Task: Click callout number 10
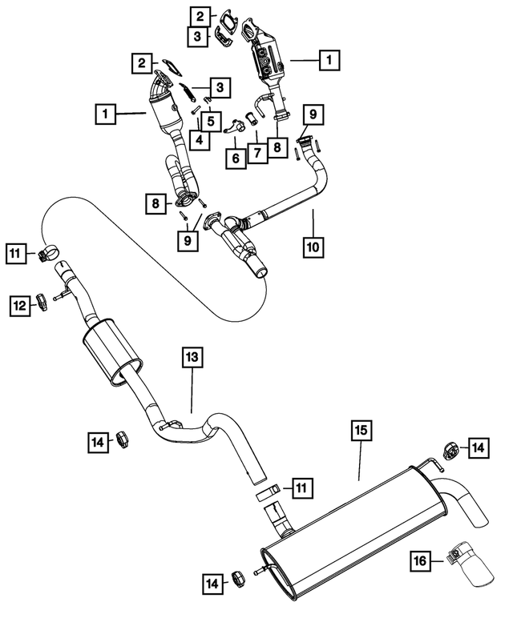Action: (313, 246)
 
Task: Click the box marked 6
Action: (235, 159)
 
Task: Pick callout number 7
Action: (256, 151)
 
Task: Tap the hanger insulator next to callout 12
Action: (42, 305)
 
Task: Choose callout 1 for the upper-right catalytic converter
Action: (329, 58)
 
